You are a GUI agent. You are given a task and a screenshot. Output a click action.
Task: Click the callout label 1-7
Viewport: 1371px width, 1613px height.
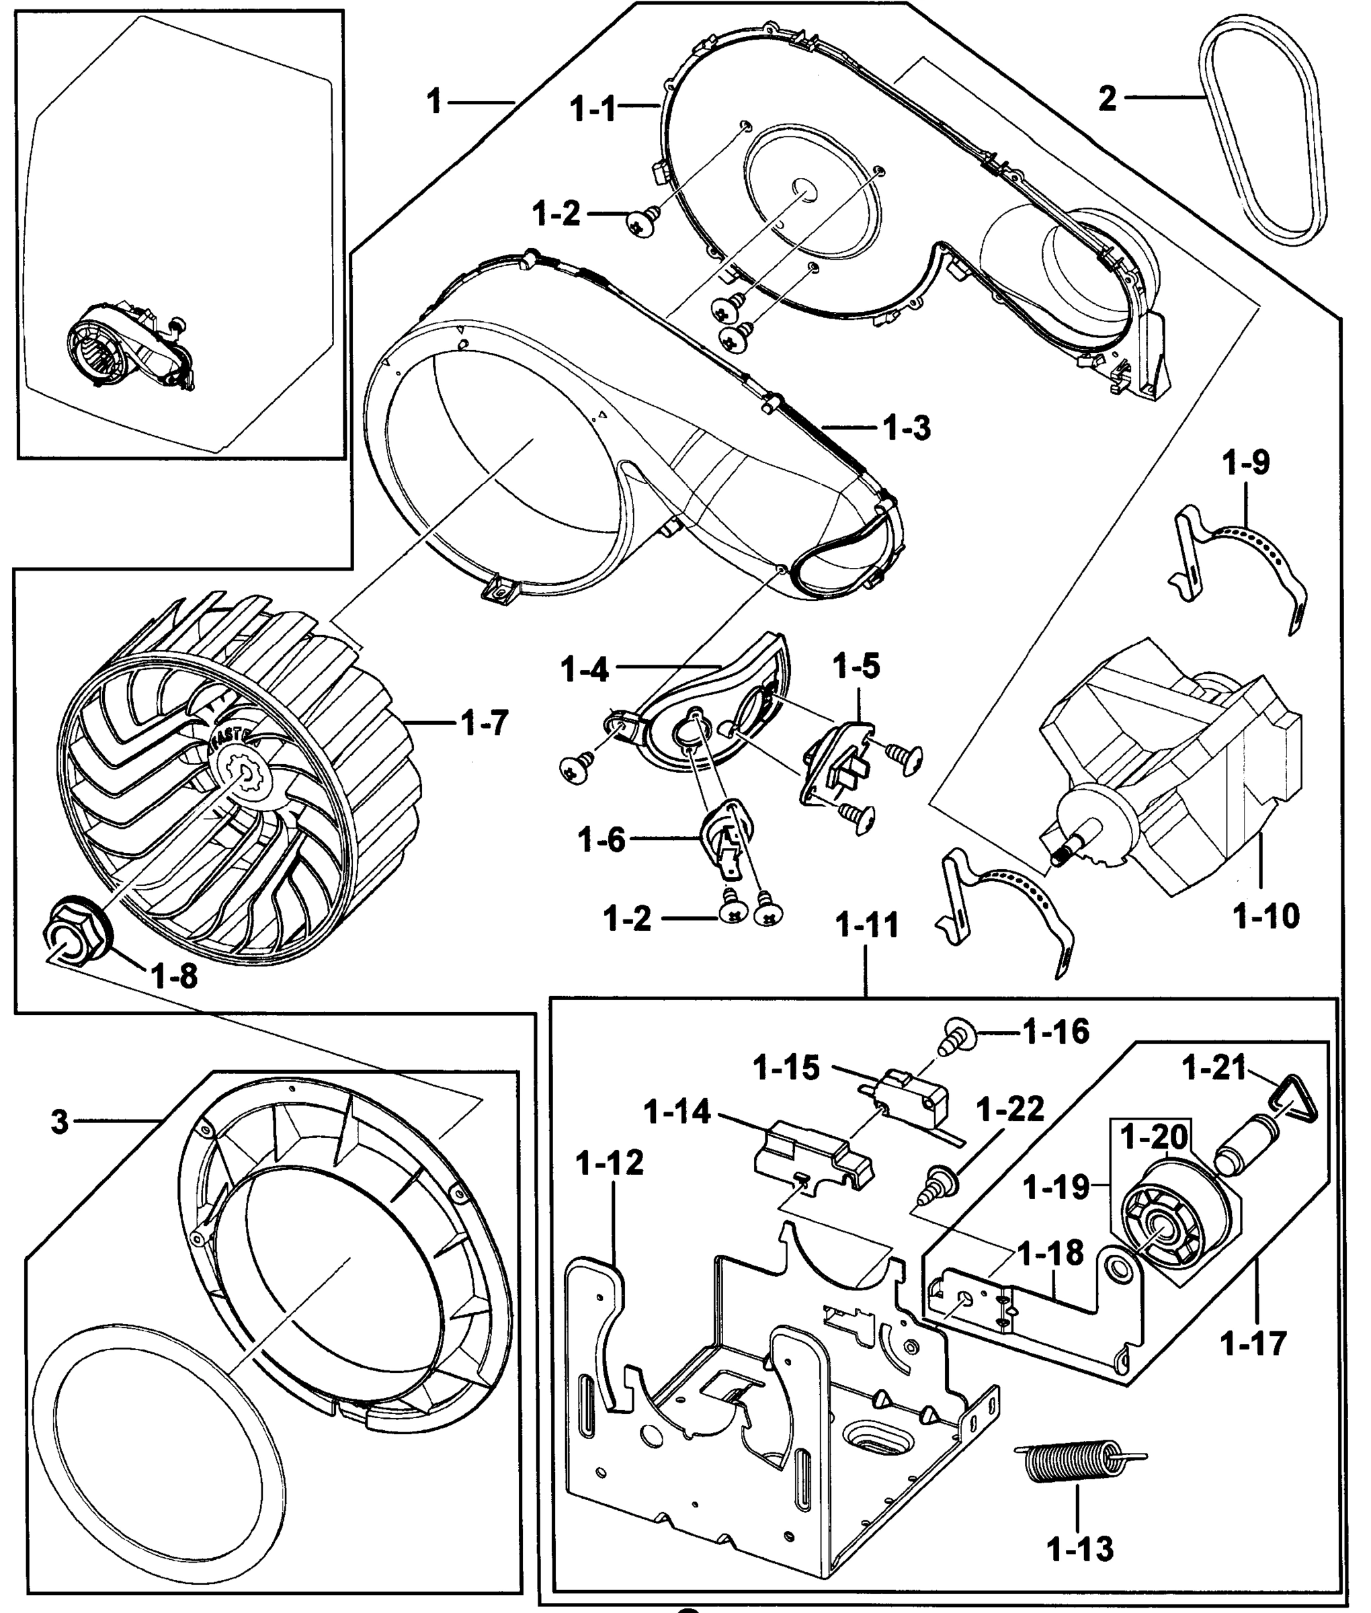[x=483, y=723]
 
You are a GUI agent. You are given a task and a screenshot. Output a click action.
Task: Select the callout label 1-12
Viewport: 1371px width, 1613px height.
[x=610, y=1163]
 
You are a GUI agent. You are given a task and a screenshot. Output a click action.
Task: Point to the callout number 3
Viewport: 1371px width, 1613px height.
[x=60, y=1122]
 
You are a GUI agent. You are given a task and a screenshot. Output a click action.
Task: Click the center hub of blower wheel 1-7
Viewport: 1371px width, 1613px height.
[x=247, y=773]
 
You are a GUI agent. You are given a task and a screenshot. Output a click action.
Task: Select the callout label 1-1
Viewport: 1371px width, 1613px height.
[x=593, y=108]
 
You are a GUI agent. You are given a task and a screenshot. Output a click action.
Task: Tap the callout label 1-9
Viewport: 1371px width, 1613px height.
[x=1245, y=462]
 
